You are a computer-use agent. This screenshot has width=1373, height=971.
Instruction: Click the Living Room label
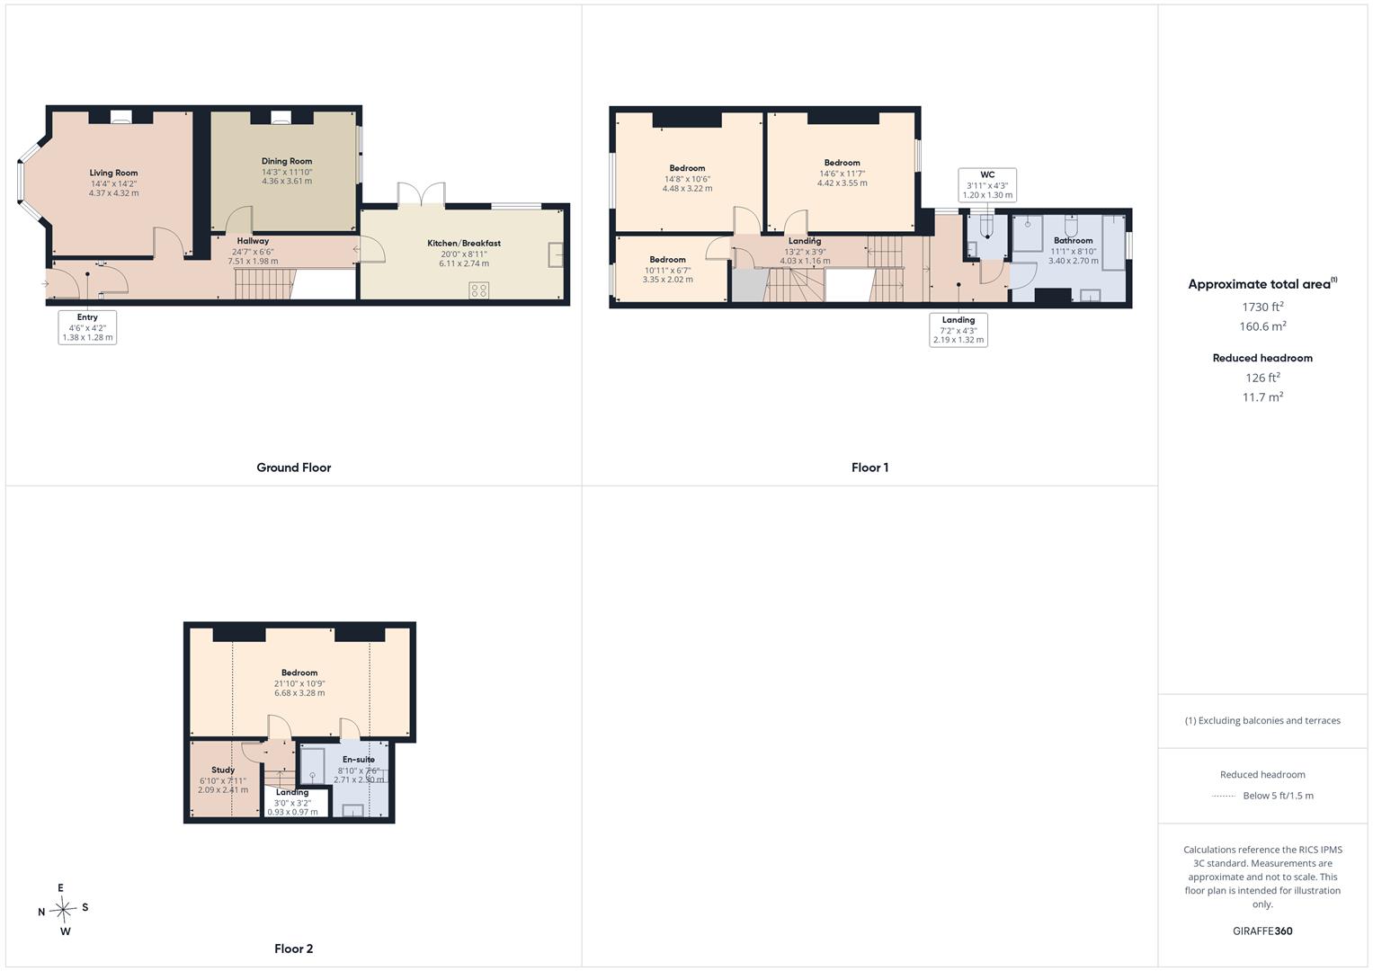(x=113, y=173)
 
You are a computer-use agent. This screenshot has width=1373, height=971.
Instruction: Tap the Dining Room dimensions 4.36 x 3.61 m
(x=287, y=181)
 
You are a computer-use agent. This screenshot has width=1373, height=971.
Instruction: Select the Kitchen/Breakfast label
(x=464, y=243)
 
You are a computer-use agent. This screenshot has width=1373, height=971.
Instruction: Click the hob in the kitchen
(x=478, y=290)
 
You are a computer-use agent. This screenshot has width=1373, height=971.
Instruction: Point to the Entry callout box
(x=87, y=327)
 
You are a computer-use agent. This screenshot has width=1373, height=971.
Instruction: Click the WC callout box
(x=987, y=184)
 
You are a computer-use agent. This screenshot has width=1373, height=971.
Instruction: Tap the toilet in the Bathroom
(x=1071, y=226)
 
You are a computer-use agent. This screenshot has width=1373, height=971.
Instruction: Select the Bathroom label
(x=1073, y=240)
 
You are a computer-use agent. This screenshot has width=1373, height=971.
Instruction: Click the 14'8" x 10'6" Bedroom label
(x=687, y=168)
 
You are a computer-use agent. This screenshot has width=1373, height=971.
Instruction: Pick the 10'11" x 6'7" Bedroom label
(x=667, y=259)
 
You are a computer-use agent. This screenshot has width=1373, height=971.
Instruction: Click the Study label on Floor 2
(x=223, y=770)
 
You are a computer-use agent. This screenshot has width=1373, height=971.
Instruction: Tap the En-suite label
(x=359, y=760)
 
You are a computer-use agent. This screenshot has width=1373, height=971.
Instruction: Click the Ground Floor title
(x=294, y=468)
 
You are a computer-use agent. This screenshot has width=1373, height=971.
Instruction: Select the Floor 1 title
(x=869, y=468)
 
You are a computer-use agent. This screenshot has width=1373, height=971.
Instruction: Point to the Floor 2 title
(x=294, y=949)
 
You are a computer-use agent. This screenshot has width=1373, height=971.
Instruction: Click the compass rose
(x=63, y=909)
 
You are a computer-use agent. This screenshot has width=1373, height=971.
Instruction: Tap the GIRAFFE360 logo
(x=1262, y=931)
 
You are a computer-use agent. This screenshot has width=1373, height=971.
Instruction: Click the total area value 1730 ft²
(x=1262, y=307)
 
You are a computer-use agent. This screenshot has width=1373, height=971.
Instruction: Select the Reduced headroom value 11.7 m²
(x=1262, y=396)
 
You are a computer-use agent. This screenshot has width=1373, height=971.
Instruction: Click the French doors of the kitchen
(x=421, y=195)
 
